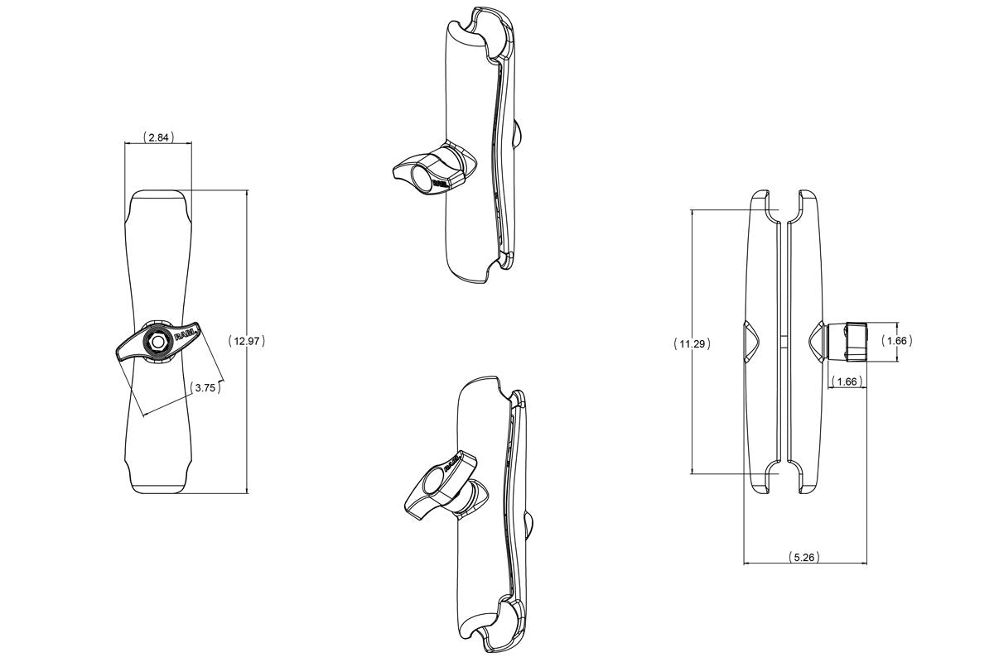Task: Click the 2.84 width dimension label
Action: (157, 137)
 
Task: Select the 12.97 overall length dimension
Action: (246, 340)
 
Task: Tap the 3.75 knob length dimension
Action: (205, 386)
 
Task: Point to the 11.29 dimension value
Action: (692, 343)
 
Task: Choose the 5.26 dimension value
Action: (803, 557)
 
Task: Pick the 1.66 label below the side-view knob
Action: (847, 381)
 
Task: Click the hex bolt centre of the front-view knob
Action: (157, 340)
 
